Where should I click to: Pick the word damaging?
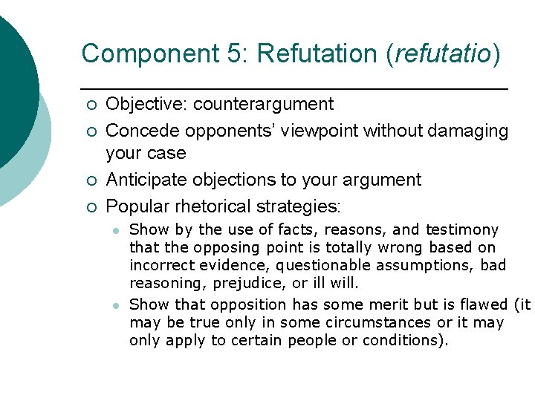point(464,131)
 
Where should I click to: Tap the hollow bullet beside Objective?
point(90,105)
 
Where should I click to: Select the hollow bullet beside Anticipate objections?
point(90,181)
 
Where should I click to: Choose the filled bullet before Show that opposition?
point(115,305)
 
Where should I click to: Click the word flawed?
point(481,304)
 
